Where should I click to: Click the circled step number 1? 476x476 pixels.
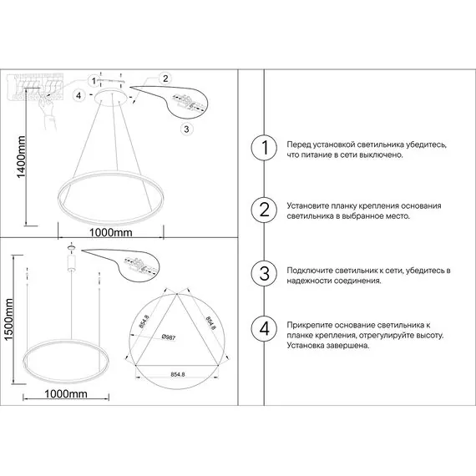click(264, 149)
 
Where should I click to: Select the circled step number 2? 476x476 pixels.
click(264, 210)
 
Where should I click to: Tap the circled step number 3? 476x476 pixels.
click(264, 275)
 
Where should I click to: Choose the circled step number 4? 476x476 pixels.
click(264, 328)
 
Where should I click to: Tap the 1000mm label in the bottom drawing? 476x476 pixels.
click(66, 393)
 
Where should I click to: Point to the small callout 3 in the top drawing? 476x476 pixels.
click(185, 129)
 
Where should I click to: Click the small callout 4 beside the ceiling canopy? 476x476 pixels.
click(78, 96)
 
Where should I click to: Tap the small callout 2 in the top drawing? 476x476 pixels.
click(165, 78)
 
